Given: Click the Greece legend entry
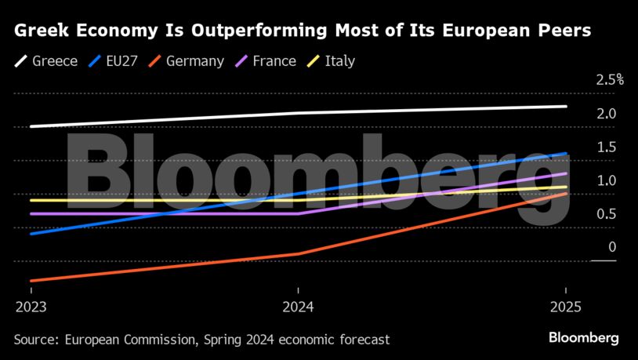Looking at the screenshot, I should pos(47,60).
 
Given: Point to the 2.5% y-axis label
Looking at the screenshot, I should pos(609,80).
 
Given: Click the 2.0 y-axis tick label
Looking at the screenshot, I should pos(606,114).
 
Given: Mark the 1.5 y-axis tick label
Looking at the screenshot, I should pos(606,147).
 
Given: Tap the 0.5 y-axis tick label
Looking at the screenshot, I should pos(606,214).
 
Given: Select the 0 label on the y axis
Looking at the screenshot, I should pos(612,248).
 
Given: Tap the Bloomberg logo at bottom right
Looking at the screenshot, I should pos(582,338).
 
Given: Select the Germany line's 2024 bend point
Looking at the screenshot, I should pos(298,253).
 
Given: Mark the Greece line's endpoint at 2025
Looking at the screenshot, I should pos(565,107).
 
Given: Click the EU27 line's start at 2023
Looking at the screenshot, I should pos(31,234).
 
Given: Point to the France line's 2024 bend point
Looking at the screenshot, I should pos(298,213).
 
